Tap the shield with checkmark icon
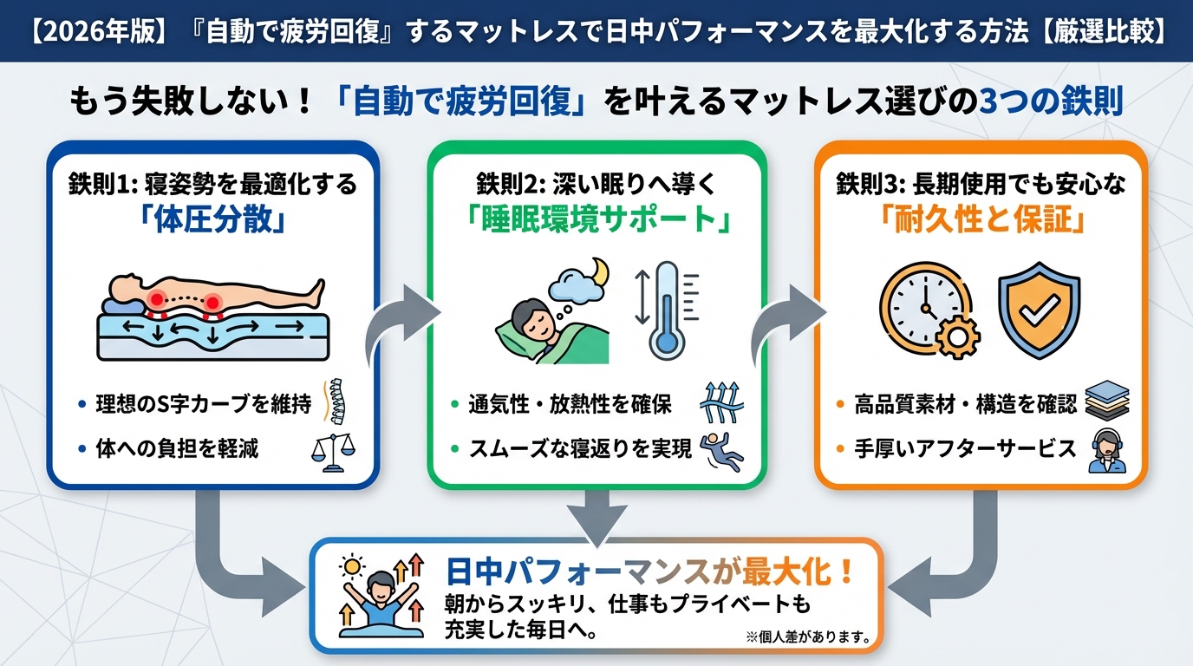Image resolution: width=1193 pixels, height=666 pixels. [1039, 312]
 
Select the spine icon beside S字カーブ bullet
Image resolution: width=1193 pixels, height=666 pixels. [336, 403]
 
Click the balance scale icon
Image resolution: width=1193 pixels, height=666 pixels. [333, 450]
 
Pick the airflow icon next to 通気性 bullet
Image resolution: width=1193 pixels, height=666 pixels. [722, 403]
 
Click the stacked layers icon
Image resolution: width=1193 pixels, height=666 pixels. [1107, 403]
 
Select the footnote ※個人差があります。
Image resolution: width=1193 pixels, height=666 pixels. [807, 637]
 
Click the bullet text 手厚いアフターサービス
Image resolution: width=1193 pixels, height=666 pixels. [965, 449]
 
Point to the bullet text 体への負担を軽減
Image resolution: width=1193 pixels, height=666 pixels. [177, 449]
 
